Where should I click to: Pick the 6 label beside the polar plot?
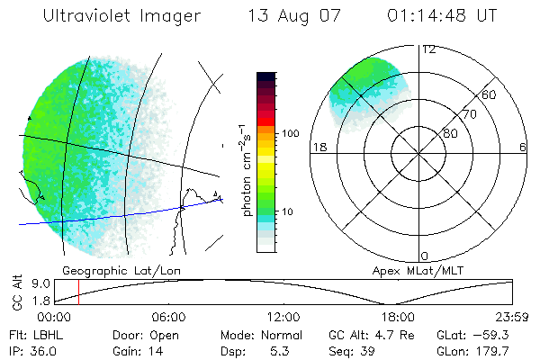(524, 147)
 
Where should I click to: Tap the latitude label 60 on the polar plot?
(490, 94)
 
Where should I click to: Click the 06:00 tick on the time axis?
(168, 317)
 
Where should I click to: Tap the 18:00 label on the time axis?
(398, 317)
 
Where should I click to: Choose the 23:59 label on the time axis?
(511, 317)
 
